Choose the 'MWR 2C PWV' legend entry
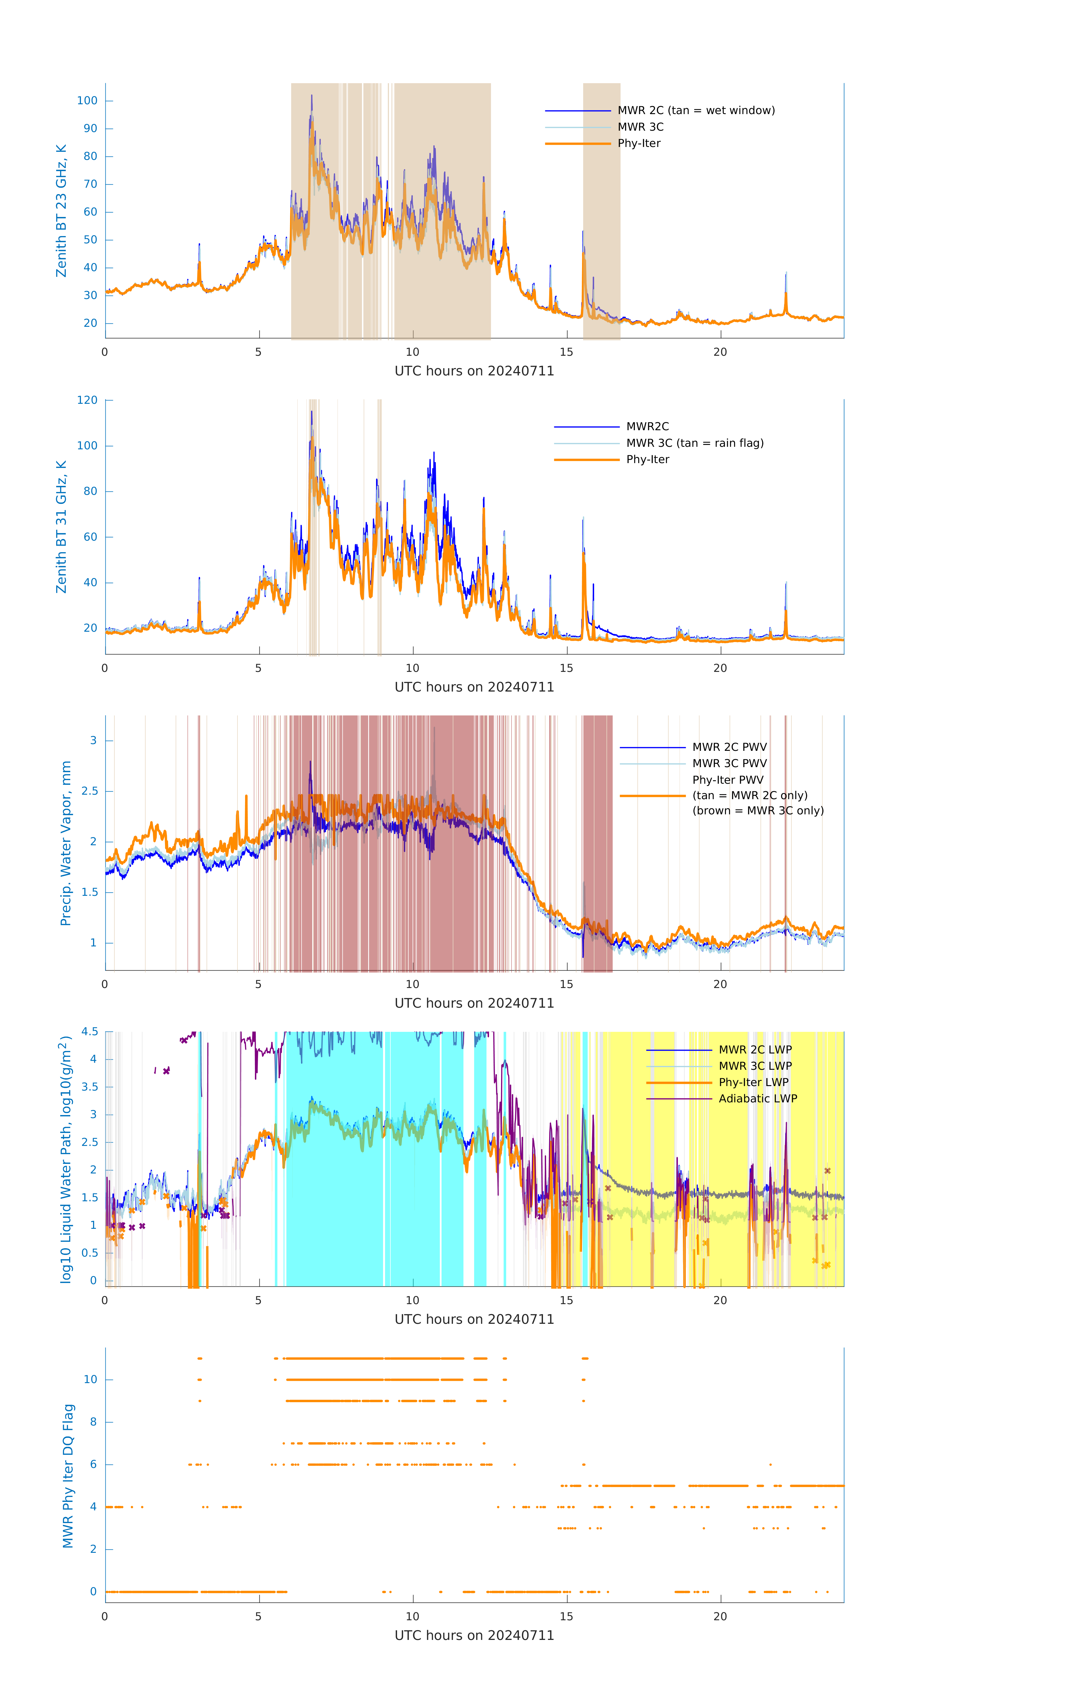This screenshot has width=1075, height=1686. [x=729, y=747]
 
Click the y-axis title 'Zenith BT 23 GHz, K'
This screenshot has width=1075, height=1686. [x=62, y=211]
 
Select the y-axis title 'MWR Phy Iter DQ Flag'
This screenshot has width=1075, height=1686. [x=68, y=1475]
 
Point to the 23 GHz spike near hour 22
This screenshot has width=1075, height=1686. [x=786, y=273]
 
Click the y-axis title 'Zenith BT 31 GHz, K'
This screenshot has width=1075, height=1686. [x=62, y=527]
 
